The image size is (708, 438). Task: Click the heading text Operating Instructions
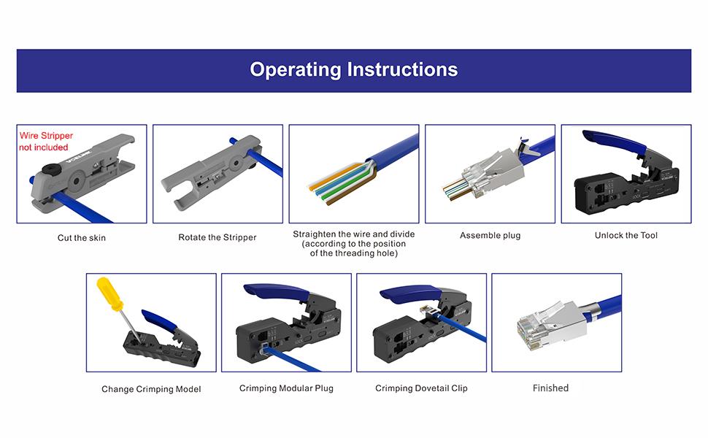pyautogui.click(x=353, y=70)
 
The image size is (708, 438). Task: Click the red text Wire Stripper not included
pyautogui.click(x=45, y=142)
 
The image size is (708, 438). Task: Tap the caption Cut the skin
pyautogui.click(x=82, y=238)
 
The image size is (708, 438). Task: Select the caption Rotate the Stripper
pyautogui.click(x=218, y=238)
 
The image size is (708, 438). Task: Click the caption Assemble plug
pyautogui.click(x=490, y=236)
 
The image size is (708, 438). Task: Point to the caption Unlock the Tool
pyautogui.click(x=626, y=235)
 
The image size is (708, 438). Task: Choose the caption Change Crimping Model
pyautogui.click(x=151, y=389)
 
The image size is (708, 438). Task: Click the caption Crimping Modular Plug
pyautogui.click(x=286, y=388)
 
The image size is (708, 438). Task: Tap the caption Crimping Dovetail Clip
pyautogui.click(x=421, y=388)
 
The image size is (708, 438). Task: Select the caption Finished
pyautogui.click(x=550, y=388)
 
